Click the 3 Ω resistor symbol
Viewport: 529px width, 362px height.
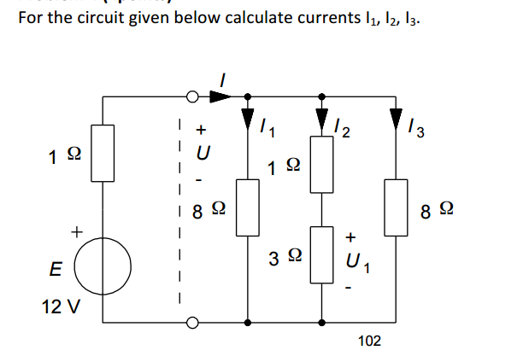click(x=322, y=254)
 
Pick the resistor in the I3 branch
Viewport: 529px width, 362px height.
click(x=396, y=206)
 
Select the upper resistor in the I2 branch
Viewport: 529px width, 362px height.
click(x=322, y=166)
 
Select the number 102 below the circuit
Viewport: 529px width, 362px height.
click(x=369, y=342)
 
